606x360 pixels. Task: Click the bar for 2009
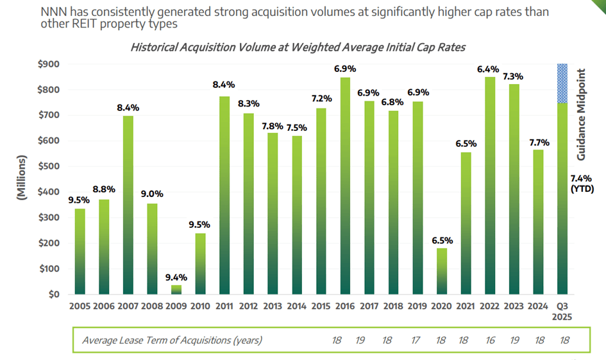176,289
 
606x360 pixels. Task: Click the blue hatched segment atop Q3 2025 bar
562,83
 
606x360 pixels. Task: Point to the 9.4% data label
176,277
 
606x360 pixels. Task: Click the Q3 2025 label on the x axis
562,312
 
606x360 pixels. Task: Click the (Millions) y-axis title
22,178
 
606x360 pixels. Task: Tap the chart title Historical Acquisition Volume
297,47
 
